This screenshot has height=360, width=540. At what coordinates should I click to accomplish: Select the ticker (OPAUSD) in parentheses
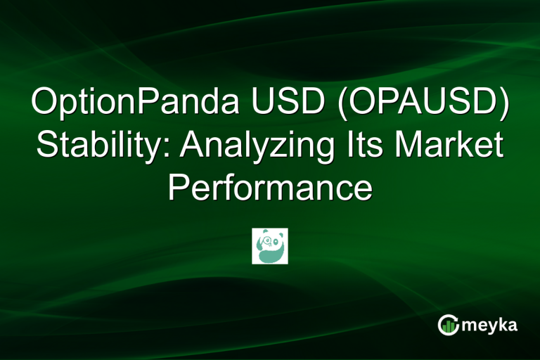click(x=415, y=105)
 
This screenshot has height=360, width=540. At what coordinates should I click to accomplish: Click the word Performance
click(x=270, y=188)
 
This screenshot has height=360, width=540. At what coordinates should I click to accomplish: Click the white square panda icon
click(x=270, y=245)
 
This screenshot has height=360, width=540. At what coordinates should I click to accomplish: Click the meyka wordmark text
click(x=489, y=325)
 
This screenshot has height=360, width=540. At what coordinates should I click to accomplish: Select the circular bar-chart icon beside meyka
click(x=447, y=325)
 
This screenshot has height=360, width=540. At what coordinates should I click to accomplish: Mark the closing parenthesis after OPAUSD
click(x=503, y=105)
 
